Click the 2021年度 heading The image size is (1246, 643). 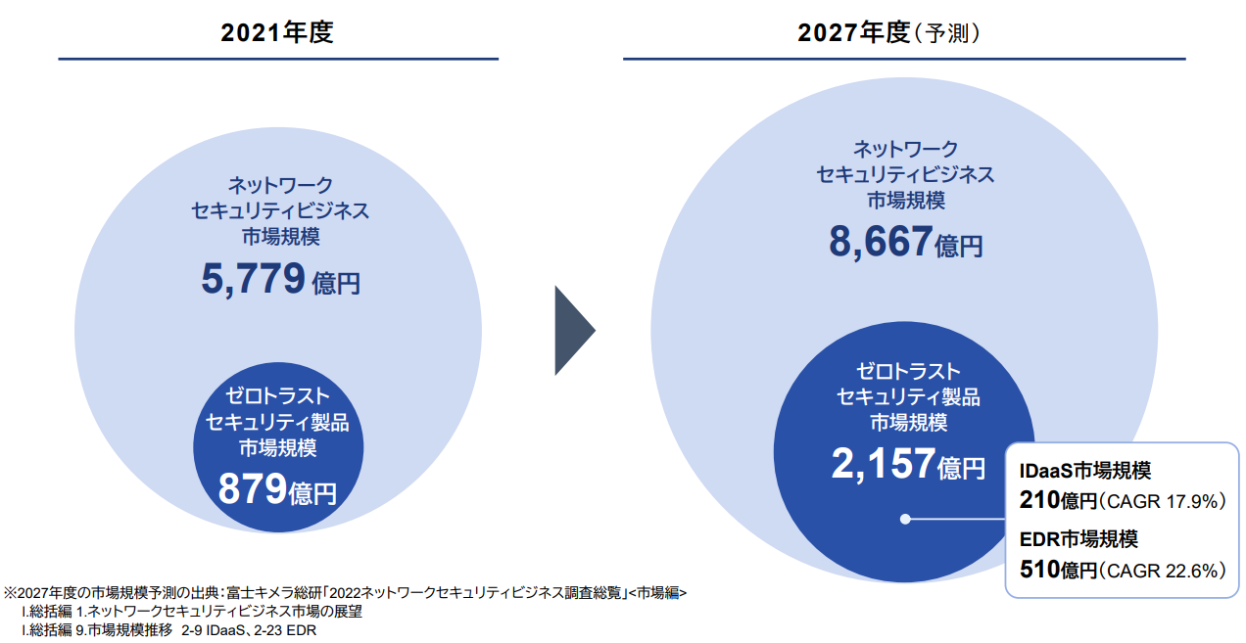[x=277, y=33]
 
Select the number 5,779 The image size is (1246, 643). [x=254, y=280]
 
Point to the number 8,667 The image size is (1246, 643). [x=880, y=241]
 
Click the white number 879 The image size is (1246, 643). [x=252, y=489]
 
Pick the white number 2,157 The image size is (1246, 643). [x=882, y=465]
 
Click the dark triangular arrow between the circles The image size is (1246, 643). [x=573, y=330]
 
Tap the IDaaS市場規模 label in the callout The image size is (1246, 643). [x=1085, y=472]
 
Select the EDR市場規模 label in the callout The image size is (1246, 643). [x=1078, y=538]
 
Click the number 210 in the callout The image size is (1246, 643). [x=1039, y=501]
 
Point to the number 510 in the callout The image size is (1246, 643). [x=1039, y=569]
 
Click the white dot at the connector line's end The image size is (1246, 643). [x=906, y=519]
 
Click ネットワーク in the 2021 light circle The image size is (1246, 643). [x=280, y=185]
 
